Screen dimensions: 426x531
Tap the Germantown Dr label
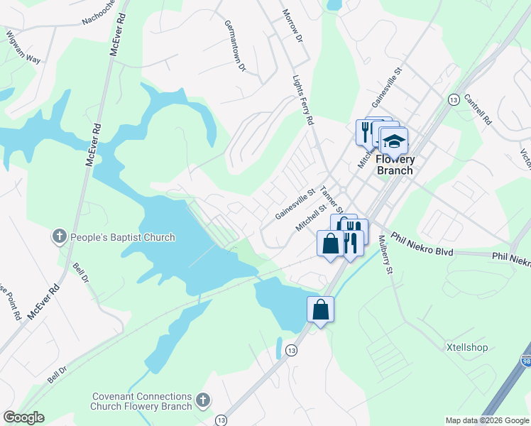tap(234, 47)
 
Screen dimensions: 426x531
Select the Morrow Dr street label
tap(292, 24)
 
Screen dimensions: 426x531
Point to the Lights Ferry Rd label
tap(303, 102)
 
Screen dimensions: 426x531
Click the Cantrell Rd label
tap(478, 109)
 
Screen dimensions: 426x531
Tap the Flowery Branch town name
tap(395, 165)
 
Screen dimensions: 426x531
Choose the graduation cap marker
tap(394, 139)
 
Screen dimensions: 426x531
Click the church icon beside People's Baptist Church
tap(59, 235)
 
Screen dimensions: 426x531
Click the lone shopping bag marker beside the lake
tap(320, 310)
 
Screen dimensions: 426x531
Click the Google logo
tap(24, 417)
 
